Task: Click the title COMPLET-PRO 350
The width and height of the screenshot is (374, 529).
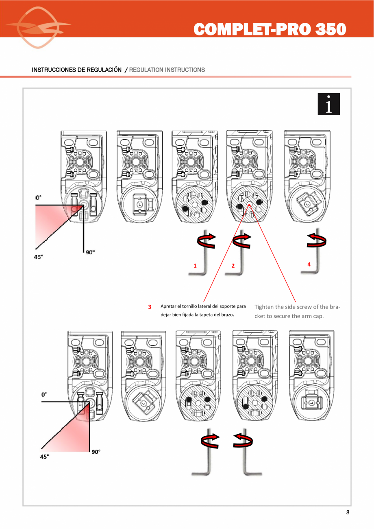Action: pyautogui.click(x=270, y=29)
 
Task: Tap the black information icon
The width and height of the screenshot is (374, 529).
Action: pyautogui.click(x=328, y=104)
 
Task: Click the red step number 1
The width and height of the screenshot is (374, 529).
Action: pyautogui.click(x=195, y=266)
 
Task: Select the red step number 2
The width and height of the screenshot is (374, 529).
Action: pyautogui.click(x=233, y=266)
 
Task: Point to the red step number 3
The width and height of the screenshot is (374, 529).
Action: pyautogui.click(x=150, y=307)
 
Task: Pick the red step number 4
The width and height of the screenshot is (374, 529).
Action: pyautogui.click(x=309, y=264)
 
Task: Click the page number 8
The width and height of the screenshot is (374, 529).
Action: pyautogui.click(x=348, y=512)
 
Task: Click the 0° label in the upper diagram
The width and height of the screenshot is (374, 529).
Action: pyautogui.click(x=38, y=197)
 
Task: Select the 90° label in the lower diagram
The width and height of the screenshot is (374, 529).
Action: pyautogui.click(x=96, y=452)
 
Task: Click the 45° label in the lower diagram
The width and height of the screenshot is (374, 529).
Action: pyautogui.click(x=44, y=457)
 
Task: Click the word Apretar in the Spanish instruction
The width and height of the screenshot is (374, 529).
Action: pyautogui.click(x=169, y=306)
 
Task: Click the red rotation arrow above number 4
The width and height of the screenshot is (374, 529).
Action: pyautogui.click(x=317, y=240)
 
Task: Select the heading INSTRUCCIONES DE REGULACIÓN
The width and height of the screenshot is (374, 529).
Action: pyautogui.click(x=76, y=70)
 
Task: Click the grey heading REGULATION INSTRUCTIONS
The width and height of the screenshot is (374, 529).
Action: pyautogui.click(x=167, y=70)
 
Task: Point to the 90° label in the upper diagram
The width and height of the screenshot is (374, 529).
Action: pyautogui.click(x=90, y=252)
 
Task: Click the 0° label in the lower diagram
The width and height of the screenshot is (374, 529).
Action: pyautogui.click(x=44, y=394)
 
